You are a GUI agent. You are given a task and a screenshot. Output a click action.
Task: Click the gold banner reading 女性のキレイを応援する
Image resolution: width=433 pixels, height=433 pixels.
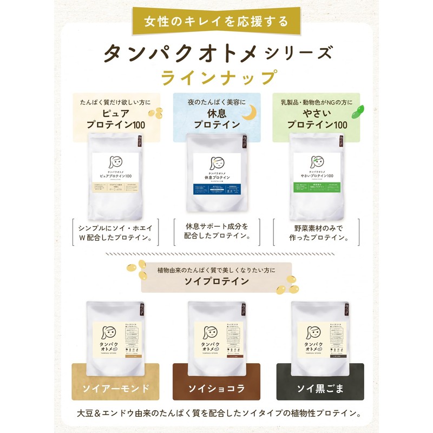click(216, 22)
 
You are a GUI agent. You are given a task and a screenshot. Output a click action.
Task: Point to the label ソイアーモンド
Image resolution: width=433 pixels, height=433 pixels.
click(116, 389)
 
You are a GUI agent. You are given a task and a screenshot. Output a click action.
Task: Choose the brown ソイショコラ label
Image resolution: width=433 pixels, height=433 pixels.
click(216, 389)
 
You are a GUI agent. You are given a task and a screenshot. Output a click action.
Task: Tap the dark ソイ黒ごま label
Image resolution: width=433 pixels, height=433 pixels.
click(317, 389)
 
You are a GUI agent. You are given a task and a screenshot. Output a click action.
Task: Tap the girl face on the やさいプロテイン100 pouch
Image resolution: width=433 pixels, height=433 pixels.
click(316, 161)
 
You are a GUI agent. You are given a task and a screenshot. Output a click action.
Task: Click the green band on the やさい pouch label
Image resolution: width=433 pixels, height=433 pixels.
click(316, 188)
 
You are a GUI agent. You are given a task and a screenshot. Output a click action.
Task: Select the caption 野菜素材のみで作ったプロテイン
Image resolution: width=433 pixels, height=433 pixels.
click(317, 232)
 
